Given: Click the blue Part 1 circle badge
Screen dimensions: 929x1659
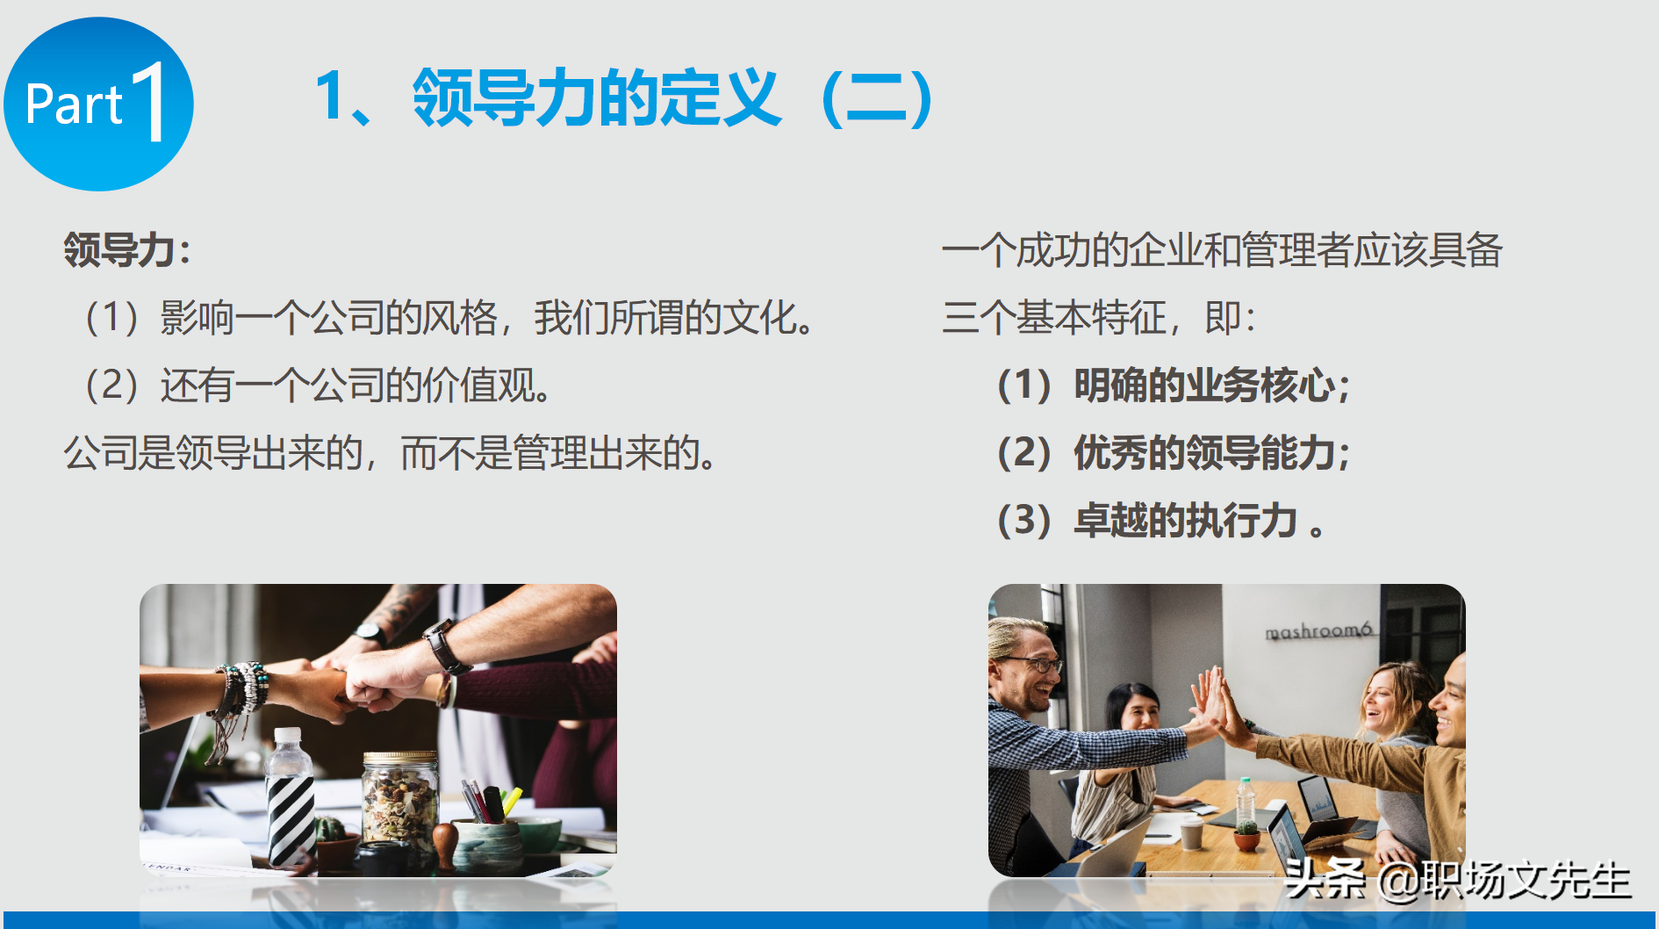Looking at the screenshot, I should (x=98, y=104).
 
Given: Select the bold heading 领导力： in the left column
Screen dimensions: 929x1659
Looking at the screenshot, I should (x=127, y=250).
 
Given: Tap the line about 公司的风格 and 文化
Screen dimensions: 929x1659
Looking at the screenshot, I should (x=448, y=318).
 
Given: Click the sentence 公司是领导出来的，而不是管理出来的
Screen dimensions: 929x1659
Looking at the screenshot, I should (x=391, y=453).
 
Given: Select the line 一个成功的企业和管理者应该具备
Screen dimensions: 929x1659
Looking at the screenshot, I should (x=1222, y=250).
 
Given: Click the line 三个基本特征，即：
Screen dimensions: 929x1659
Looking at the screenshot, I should (x=1099, y=318).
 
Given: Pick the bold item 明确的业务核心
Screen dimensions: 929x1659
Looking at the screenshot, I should (x=1174, y=385).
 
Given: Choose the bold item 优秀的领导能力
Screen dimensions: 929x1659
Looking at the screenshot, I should (x=1174, y=453).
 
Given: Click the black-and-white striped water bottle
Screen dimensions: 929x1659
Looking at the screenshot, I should (x=290, y=799).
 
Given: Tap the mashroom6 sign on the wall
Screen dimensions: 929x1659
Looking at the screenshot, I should (x=1318, y=631).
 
